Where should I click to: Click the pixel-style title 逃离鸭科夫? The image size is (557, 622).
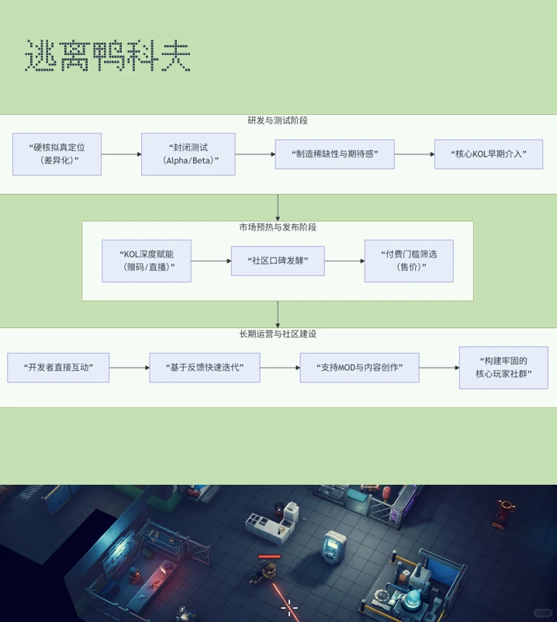click(108, 56)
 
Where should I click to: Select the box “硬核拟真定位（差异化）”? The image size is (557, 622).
click(57, 154)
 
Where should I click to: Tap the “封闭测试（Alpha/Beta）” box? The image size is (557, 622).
click(188, 154)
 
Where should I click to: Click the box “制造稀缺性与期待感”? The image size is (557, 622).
click(334, 154)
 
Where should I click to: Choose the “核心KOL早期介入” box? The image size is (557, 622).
click(488, 154)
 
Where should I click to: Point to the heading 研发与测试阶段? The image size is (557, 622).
click(278, 121)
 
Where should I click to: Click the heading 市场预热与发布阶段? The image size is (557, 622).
click(278, 227)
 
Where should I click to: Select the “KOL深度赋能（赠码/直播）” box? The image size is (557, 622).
click(147, 261)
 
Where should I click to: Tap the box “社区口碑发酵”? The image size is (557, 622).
click(278, 261)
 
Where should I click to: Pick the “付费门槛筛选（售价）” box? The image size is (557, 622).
click(409, 261)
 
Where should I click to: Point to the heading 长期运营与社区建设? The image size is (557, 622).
click(278, 333)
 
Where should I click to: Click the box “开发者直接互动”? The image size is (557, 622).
click(58, 368)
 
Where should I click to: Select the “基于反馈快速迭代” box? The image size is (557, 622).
click(205, 368)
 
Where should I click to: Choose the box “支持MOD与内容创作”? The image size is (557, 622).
click(359, 368)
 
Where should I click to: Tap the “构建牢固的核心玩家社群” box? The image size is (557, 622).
click(503, 368)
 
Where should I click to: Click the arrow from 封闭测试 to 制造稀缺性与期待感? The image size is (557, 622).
click(255, 154)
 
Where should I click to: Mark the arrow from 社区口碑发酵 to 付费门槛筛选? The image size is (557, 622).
click(344, 261)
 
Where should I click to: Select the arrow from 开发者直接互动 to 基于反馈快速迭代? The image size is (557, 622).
click(130, 368)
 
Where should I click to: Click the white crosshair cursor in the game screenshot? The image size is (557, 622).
click(289, 607)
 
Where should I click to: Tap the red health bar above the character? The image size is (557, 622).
click(269, 556)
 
